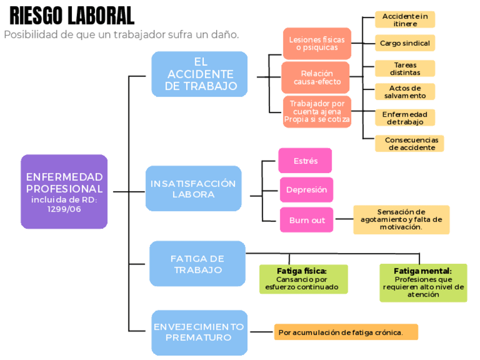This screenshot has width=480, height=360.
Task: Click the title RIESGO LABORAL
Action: [72, 15]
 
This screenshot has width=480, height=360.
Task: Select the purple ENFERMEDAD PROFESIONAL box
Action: [64, 192]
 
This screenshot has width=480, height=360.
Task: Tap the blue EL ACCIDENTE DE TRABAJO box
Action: [199, 74]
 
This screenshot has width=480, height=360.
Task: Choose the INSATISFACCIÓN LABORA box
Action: [193, 188]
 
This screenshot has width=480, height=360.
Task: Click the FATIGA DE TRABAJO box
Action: [198, 264]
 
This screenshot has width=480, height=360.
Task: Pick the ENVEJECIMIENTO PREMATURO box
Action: [199, 332]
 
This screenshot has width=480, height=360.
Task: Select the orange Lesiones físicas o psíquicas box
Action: [316, 44]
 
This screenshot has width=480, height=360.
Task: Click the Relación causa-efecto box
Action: [316, 78]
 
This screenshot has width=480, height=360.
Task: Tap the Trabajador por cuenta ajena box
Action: [317, 112]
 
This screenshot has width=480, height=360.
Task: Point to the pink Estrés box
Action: [305, 161]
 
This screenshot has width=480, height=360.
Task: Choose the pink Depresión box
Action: [306, 190]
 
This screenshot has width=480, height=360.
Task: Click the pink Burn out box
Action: [306, 220]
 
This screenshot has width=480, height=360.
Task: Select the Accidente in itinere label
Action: [405, 20]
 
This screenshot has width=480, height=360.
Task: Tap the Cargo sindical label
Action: [405, 43]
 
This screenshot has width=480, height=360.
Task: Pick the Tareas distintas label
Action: [405, 68]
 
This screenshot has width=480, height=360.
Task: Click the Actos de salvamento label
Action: [405, 92]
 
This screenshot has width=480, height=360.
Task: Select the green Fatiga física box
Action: [302, 278]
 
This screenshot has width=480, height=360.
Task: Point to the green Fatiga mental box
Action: [423, 282]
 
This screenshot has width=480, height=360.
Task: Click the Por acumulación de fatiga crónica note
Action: [346, 332]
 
